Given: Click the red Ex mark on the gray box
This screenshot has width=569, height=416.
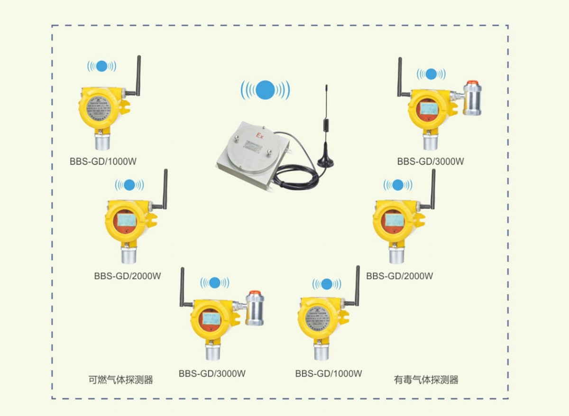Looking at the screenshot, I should pos(260,136).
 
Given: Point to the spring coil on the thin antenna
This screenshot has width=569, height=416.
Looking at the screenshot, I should pos(326,124).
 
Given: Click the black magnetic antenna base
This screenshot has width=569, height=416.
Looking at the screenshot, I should pos(326,161).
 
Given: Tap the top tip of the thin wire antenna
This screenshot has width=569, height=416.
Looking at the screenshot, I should pos(326,86).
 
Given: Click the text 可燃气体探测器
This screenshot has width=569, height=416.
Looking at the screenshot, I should pos(121,380).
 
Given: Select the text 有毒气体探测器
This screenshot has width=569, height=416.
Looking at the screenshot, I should pos(426,380).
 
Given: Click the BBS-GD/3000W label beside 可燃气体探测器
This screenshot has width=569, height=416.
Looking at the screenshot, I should pos(212,373).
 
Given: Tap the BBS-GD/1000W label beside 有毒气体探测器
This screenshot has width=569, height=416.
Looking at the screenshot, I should pos(329,373).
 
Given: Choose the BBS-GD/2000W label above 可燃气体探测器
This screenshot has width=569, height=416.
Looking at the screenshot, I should pos(128,275).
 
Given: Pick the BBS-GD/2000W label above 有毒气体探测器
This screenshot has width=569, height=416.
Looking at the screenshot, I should pos(400,275).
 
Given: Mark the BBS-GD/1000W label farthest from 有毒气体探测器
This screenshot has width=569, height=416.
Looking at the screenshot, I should pos(103,161).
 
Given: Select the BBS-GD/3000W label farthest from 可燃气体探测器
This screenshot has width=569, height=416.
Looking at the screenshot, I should pos(431,161).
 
